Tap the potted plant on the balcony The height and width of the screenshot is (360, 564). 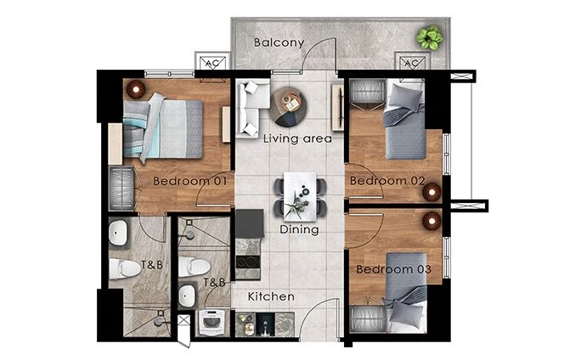point(429,37)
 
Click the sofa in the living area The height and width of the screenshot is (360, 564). point(250,107)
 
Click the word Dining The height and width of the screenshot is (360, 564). point(298,229)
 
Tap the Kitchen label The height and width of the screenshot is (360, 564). point(272,297)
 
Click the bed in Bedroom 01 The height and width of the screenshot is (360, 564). point(166,127)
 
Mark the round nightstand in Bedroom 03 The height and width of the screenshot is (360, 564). point(432,222)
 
